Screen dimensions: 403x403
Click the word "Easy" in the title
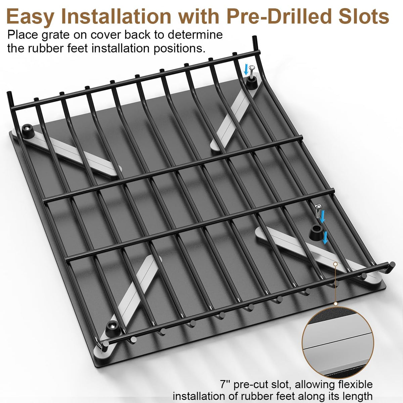(31, 16)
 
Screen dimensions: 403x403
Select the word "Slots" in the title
(364, 16)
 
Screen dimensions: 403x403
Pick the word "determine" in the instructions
(195, 35)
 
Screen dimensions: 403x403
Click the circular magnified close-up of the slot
(338, 343)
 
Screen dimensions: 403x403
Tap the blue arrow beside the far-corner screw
(247, 70)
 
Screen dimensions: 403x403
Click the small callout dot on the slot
(335, 264)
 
